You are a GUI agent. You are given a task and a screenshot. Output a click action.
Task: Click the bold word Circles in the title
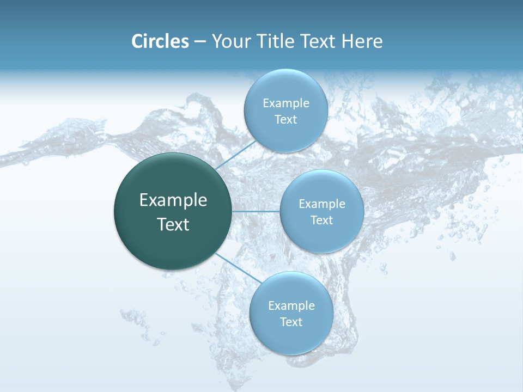(x=160, y=41)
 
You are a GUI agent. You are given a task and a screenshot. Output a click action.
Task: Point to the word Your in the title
(x=230, y=41)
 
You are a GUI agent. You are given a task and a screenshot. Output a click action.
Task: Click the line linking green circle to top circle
(x=235, y=155)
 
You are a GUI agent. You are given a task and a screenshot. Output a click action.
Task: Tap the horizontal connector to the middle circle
(x=256, y=211)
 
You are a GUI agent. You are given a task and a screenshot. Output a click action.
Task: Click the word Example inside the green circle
(x=173, y=200)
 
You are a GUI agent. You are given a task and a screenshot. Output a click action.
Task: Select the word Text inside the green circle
(x=173, y=224)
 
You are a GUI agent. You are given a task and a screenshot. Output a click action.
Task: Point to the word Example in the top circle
(x=285, y=103)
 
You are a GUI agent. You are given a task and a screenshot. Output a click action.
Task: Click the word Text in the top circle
(x=285, y=119)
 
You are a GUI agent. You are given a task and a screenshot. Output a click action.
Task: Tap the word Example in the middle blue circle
(x=321, y=204)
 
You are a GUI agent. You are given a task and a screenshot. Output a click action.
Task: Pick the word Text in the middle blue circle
(x=321, y=220)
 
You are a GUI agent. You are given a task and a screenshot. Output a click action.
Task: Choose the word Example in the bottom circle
(x=291, y=305)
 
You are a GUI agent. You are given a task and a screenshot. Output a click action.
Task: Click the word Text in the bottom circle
(x=291, y=322)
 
